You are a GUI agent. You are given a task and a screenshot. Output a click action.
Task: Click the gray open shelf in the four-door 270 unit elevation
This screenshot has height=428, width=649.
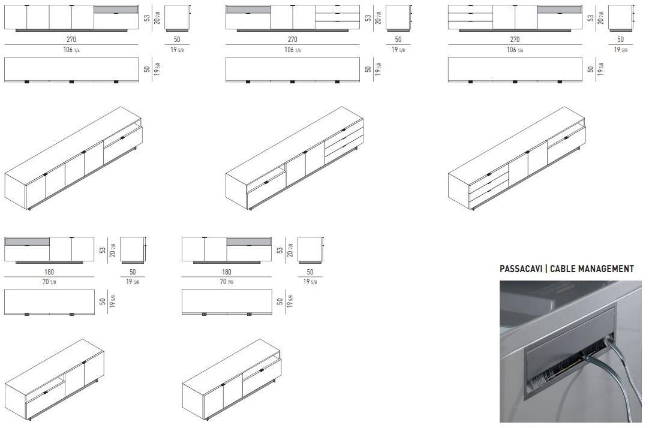(x=116, y=10)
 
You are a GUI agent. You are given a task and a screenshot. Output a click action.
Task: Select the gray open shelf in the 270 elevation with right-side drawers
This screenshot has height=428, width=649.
(x=248, y=10)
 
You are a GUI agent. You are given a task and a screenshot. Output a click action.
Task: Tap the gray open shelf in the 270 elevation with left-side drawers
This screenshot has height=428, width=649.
(x=559, y=10)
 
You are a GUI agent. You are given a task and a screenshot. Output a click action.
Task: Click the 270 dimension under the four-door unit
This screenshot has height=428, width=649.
(x=71, y=40)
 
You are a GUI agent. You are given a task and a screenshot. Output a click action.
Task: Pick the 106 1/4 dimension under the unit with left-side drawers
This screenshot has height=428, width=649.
(x=515, y=50)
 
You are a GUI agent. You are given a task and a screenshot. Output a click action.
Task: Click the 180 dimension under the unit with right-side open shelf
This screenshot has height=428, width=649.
(x=226, y=272)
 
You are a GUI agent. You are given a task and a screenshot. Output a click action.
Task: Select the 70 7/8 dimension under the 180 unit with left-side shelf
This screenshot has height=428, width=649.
(x=49, y=282)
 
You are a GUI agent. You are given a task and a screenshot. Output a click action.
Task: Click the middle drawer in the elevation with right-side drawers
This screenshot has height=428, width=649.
(x=337, y=17)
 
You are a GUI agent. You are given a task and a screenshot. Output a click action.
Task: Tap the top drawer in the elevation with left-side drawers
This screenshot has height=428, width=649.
(x=470, y=9)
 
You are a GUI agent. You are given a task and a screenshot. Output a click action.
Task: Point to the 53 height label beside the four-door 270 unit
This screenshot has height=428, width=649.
(x=147, y=18)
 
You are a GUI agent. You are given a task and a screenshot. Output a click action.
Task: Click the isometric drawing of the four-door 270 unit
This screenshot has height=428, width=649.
(x=74, y=159)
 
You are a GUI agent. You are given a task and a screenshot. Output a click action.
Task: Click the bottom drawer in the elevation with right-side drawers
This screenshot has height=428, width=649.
(x=337, y=25)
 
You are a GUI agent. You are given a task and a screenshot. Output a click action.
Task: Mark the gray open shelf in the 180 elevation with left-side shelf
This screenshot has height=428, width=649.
(x=27, y=242)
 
